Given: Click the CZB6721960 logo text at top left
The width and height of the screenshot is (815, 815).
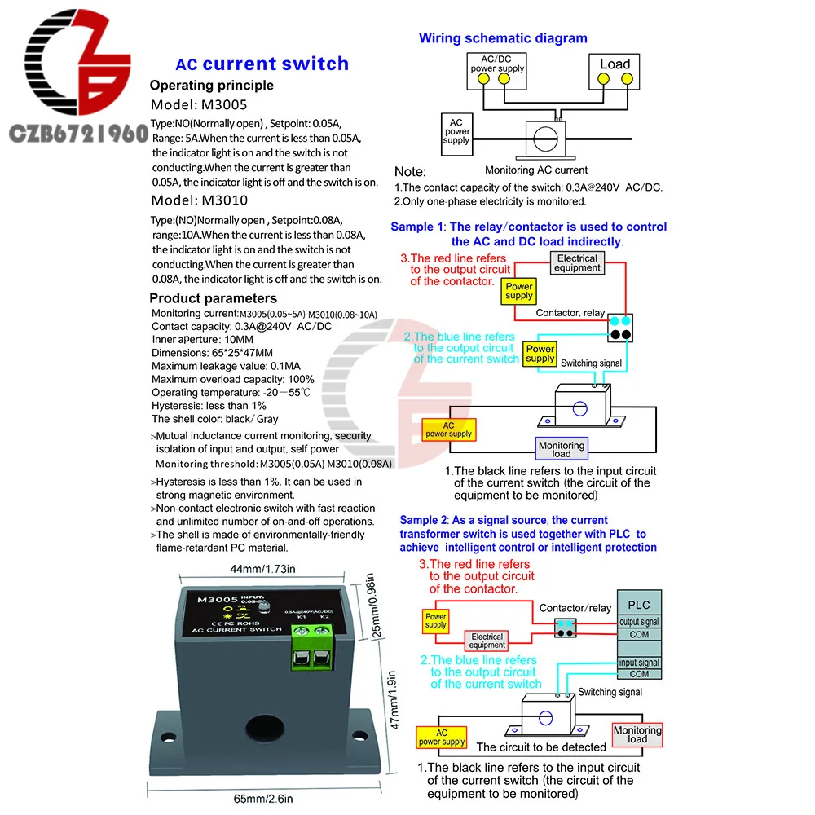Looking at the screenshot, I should (x=74, y=132).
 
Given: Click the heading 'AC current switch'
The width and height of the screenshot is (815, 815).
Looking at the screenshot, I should (x=262, y=64).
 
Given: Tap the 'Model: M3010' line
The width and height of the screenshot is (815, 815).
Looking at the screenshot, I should (x=200, y=200).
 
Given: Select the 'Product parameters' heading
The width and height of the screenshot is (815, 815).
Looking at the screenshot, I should (x=213, y=298).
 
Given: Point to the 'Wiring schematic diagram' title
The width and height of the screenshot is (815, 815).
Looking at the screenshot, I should (x=503, y=38).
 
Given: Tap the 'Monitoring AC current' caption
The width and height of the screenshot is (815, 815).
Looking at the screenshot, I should (x=536, y=170).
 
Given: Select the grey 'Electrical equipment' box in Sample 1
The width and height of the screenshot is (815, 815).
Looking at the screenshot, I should (x=577, y=262).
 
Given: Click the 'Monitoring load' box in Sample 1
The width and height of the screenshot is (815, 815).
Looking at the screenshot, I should (x=562, y=449).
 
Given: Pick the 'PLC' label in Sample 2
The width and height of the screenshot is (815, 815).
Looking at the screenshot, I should (x=639, y=606).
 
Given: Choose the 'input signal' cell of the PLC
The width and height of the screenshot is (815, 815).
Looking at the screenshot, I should (x=639, y=663).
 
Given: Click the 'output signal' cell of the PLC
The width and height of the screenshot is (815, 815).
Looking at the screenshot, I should (x=639, y=622).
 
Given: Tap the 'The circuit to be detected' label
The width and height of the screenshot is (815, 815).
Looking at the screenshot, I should (x=541, y=747).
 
